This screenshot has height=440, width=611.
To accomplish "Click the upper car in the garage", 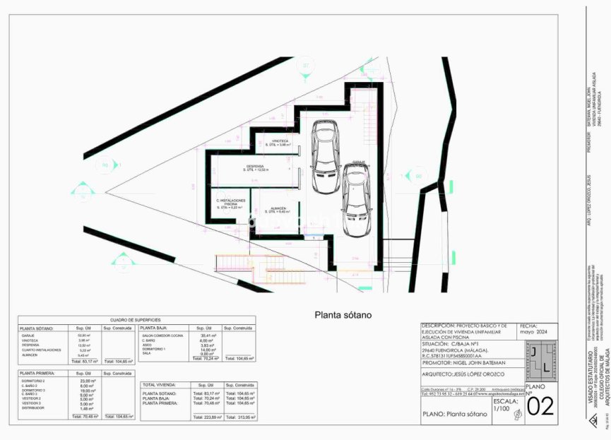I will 326,157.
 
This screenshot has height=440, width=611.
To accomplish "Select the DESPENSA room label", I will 255,167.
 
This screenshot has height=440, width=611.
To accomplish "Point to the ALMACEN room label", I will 278,209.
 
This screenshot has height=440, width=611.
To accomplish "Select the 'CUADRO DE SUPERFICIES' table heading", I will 136,320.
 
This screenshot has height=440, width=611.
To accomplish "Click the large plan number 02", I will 541,408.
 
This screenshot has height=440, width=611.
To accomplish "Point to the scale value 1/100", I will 501,409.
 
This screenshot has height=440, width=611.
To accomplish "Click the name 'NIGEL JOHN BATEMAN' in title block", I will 487,362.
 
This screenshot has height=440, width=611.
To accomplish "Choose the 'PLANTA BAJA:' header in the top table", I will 153,328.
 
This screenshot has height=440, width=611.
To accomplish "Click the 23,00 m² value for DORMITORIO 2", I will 86,381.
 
